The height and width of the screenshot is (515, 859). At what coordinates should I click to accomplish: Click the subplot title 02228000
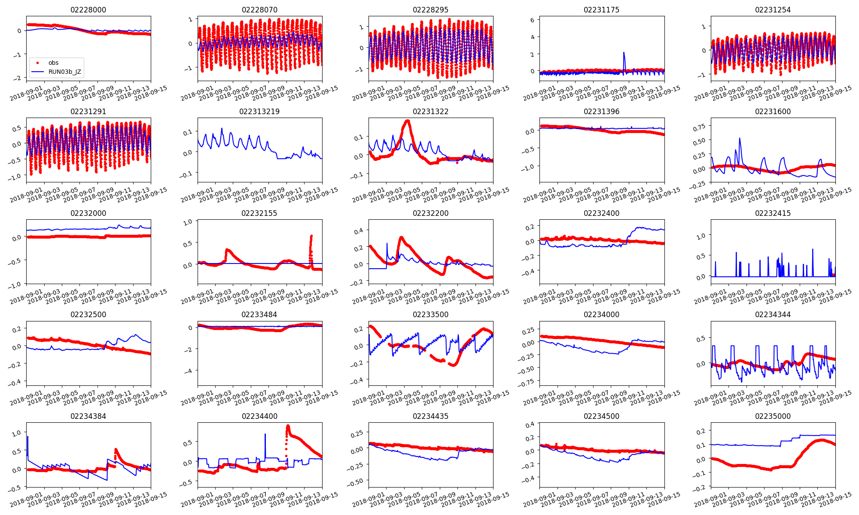88,10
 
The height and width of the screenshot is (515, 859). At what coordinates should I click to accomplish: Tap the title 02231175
601,10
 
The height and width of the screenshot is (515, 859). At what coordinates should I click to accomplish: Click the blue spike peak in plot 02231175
624,53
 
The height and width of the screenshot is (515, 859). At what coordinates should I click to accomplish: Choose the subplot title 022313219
259,112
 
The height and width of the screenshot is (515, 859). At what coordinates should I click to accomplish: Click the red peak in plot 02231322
407,121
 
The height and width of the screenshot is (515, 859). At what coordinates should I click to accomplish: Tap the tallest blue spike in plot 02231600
740,138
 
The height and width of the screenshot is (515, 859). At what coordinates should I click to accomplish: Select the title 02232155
259,213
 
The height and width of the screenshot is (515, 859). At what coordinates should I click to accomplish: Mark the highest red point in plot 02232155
311,236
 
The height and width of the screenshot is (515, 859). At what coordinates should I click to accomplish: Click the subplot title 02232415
773,213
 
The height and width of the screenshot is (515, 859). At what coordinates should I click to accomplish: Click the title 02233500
430,315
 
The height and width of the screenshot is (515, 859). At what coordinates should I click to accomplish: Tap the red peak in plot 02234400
288,426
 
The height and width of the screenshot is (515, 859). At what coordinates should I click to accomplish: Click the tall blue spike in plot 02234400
265,434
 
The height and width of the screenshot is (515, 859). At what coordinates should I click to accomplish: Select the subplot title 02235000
773,416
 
